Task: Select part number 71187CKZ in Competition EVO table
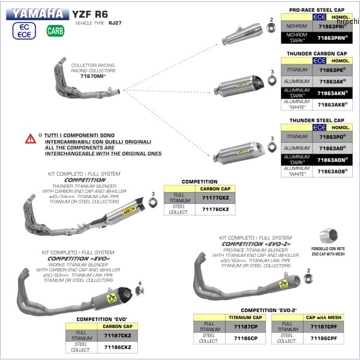click(117, 336)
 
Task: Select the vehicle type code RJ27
click(115, 23)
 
